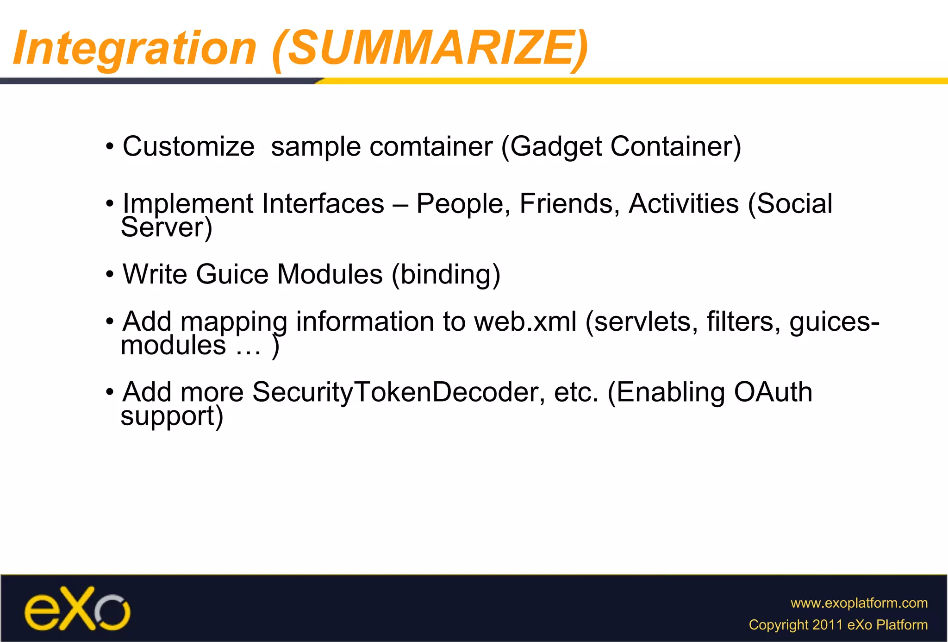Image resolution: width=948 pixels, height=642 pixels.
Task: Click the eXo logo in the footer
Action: tap(77, 609)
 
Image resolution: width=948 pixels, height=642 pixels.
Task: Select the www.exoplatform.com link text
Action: tap(859, 603)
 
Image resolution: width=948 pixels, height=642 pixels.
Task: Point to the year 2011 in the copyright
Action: tap(827, 625)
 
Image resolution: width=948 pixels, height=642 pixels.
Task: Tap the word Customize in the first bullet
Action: tap(188, 147)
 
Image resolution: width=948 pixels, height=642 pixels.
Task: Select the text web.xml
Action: tap(525, 321)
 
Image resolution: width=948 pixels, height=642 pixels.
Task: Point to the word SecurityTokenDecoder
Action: tap(395, 392)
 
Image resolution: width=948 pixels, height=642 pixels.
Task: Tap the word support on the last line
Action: tap(167, 416)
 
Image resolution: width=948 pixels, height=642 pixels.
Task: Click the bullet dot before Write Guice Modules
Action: tap(110, 275)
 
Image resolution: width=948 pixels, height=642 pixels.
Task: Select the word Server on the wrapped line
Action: tap(162, 227)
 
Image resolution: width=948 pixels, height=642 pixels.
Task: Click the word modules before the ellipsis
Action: tap(173, 346)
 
